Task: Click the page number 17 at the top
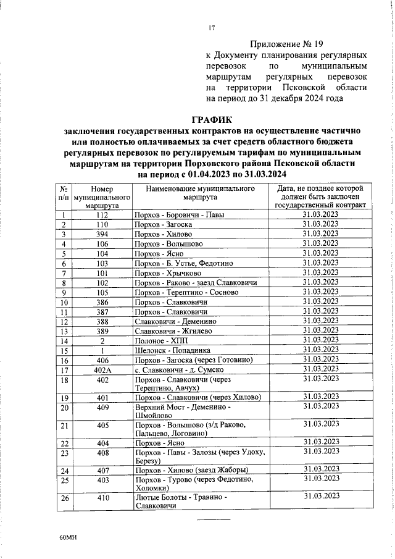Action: (211, 27)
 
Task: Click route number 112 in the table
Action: (102, 215)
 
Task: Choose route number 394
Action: (102, 234)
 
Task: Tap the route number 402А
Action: (102, 369)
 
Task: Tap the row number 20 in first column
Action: (64, 408)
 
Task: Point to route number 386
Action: (102, 302)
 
